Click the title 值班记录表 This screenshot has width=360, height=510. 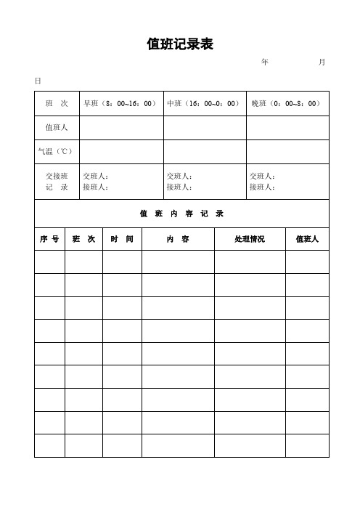tap(179, 45)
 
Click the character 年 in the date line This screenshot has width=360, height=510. tap(264, 63)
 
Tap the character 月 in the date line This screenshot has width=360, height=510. tap(322, 63)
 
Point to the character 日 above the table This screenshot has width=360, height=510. tap(38, 80)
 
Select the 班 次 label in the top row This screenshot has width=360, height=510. tap(57, 104)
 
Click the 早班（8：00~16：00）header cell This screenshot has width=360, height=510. tap(120, 104)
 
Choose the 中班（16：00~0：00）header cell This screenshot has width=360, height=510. tap(204, 104)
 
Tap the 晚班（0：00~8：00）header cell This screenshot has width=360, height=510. tap(287, 104)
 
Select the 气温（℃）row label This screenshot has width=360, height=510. tap(56, 151)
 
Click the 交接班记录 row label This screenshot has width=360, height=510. tap(57, 182)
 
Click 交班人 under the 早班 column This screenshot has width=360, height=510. tap(96, 176)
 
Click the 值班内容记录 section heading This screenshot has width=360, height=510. tap(181, 214)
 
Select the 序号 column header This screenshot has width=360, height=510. tap(49, 239)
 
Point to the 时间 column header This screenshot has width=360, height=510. tap(121, 239)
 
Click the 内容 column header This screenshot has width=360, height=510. tap(178, 239)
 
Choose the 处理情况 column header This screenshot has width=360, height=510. tap(250, 239)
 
